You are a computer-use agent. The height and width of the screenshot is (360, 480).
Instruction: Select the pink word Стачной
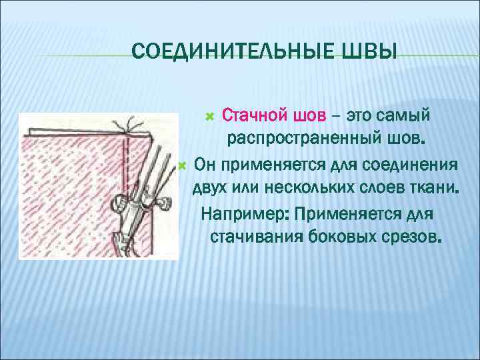254,116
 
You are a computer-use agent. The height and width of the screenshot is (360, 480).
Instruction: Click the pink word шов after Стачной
309,116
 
